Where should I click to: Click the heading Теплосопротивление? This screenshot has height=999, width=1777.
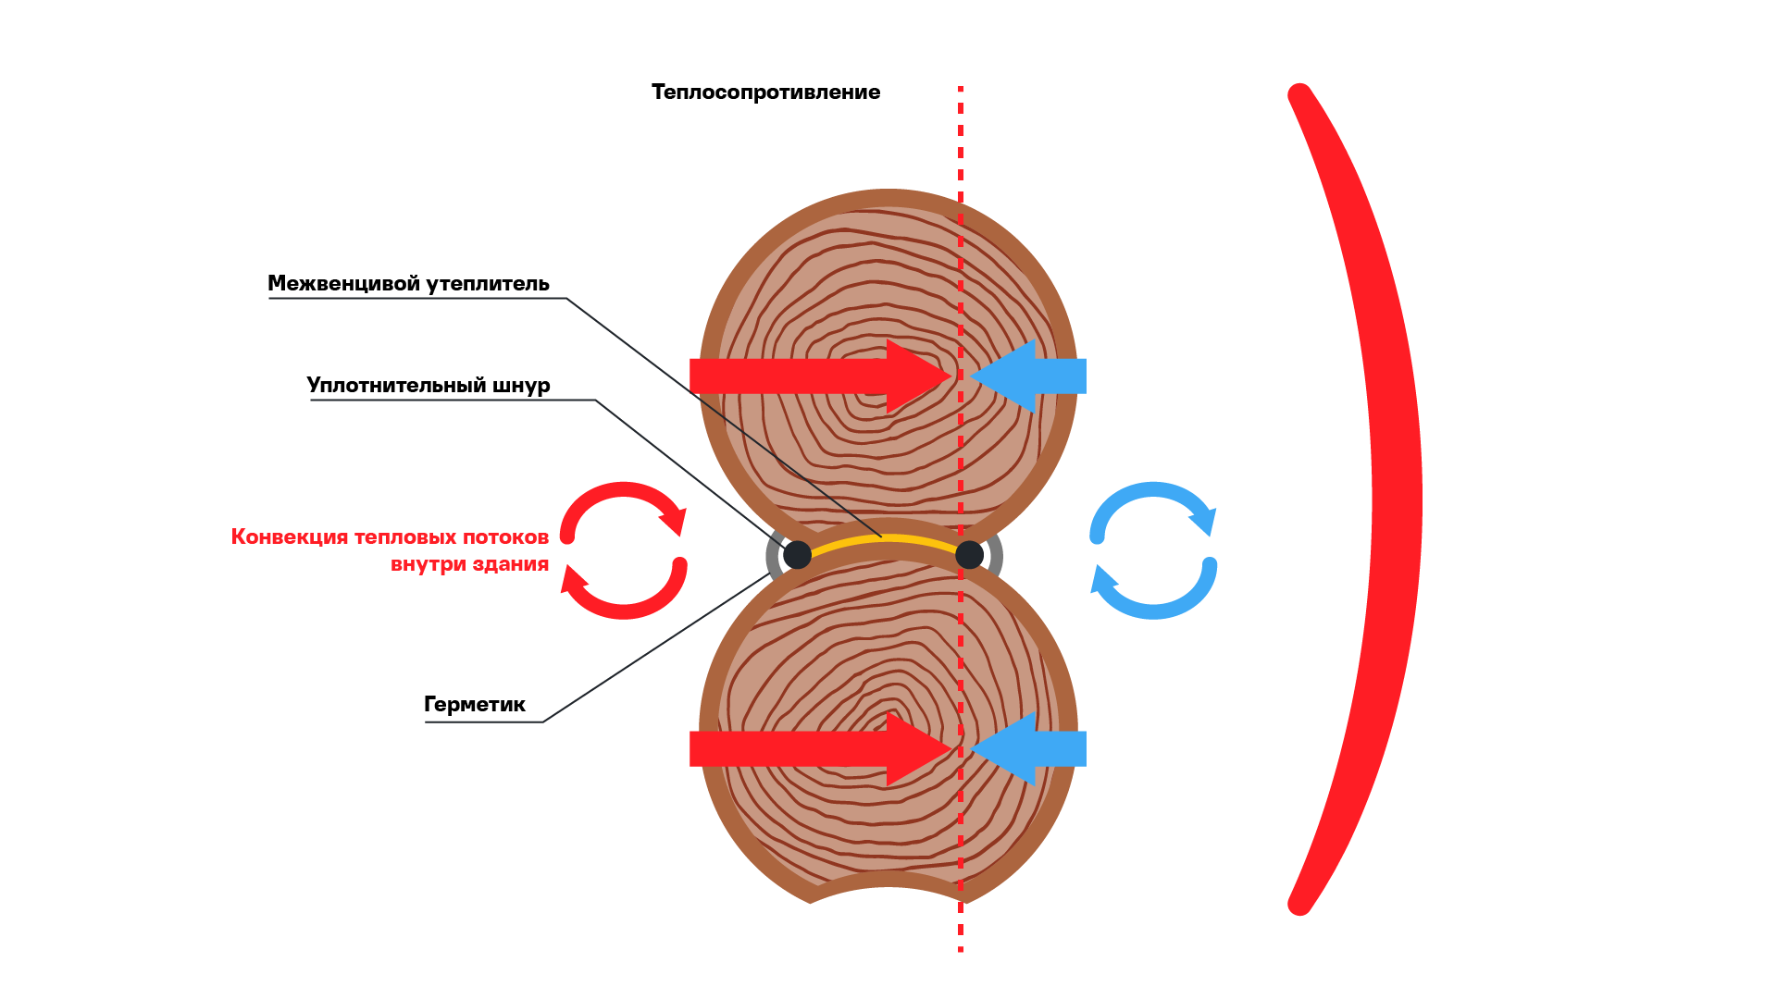click(x=765, y=92)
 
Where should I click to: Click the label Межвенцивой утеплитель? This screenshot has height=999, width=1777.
click(x=408, y=284)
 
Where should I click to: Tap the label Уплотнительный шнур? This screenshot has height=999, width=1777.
click(x=429, y=386)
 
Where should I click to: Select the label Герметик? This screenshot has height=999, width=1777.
click(x=475, y=705)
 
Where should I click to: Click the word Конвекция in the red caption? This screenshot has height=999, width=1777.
click(x=290, y=537)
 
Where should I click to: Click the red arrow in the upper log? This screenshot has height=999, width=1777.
click(x=821, y=376)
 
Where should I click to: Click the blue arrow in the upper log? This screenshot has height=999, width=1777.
click(x=1028, y=376)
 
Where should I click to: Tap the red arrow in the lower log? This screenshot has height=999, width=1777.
click(x=821, y=748)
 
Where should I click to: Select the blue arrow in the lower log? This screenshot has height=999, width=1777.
click(x=1028, y=748)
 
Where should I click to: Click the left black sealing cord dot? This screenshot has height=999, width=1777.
click(x=797, y=555)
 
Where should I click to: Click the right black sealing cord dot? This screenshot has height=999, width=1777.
click(x=969, y=555)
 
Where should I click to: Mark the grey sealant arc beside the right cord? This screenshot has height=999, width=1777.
click(x=996, y=555)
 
